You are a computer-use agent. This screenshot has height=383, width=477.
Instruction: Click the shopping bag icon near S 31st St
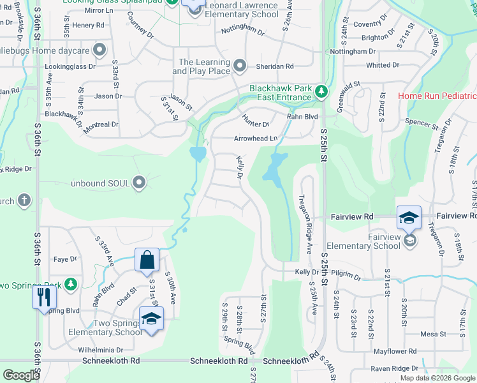click(147, 260)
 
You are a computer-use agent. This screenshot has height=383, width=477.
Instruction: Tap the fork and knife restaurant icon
click(43, 297)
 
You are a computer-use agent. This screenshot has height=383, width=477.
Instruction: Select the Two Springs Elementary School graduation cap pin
click(151, 319)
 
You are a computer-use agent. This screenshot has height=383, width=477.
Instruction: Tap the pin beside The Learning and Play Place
click(239, 66)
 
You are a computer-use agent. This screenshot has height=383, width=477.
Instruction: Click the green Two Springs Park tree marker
click(71, 283)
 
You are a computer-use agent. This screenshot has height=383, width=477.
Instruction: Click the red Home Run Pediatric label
click(437, 96)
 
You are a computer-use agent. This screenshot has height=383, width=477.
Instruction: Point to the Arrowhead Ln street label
click(256, 138)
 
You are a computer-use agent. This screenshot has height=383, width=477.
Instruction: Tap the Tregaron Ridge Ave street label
click(304, 214)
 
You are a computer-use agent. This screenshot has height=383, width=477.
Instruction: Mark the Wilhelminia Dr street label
click(101, 350)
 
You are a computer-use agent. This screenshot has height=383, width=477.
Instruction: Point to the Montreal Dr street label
click(97, 124)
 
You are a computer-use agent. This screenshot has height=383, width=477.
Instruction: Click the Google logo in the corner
click(21, 375)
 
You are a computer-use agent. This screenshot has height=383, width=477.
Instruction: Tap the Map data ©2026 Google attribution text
click(437, 378)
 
